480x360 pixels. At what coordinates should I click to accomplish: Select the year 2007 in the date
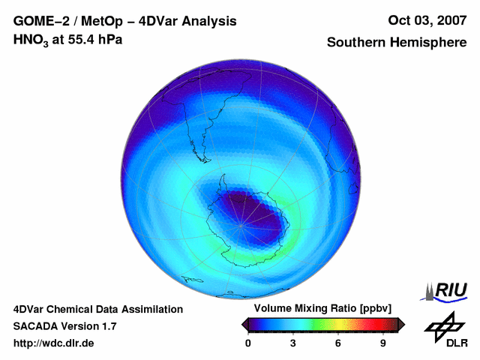448,20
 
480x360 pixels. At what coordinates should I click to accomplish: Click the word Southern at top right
355,43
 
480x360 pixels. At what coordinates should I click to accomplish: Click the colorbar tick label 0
248,343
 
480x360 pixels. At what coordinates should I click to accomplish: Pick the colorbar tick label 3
293,343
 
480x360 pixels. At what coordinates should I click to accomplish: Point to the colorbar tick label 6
338,343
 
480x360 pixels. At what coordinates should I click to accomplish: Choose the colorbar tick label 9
383,343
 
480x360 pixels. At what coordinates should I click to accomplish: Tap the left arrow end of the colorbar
244,324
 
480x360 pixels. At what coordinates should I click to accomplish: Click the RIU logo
446,290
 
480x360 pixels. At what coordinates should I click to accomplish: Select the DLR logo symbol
444,326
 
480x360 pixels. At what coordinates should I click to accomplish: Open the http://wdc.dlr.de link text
54,343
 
